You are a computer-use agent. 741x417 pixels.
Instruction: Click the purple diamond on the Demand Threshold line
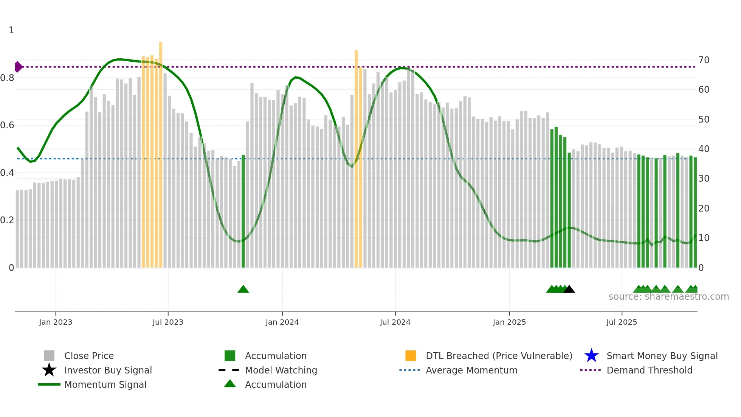click(x=18, y=67)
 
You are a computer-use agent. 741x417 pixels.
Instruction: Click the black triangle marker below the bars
click(x=569, y=289)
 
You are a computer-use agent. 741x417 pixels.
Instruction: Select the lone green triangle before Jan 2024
click(x=243, y=289)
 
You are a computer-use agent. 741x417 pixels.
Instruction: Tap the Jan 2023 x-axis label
click(x=56, y=322)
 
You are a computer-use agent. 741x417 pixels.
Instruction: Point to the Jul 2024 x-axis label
click(x=395, y=322)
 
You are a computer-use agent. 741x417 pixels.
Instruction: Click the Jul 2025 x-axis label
click(x=622, y=322)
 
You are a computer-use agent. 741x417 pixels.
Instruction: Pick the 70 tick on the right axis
click(x=704, y=60)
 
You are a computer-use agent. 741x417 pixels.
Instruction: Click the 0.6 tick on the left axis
click(x=7, y=125)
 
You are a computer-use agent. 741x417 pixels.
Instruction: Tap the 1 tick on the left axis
click(x=11, y=30)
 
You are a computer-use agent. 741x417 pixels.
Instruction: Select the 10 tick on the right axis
click(x=704, y=238)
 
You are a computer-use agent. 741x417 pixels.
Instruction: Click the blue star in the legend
click(x=591, y=356)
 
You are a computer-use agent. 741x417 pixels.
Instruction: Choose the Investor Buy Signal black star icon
click(x=49, y=370)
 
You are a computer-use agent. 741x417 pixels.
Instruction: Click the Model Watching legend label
click(x=281, y=370)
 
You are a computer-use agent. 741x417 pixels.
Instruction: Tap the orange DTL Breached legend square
click(x=411, y=356)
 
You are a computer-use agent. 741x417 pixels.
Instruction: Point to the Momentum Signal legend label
click(x=105, y=384)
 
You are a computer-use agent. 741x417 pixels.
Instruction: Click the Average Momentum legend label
click(x=471, y=370)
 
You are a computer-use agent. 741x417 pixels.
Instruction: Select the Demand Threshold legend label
click(x=650, y=370)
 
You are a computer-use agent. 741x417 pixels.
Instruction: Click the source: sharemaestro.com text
click(x=668, y=297)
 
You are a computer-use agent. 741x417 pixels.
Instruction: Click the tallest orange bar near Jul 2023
click(x=161, y=151)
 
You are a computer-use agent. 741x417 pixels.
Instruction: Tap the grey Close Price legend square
click(x=49, y=356)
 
